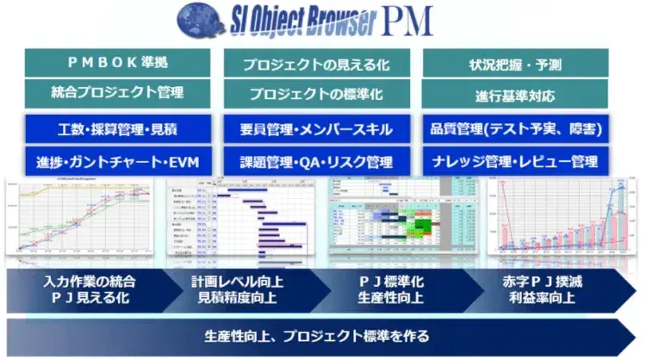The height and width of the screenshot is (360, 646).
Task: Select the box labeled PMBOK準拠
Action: pos(117,63)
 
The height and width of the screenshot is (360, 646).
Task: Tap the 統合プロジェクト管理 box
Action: pos(117,92)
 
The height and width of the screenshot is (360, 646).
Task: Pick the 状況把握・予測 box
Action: pos(515,63)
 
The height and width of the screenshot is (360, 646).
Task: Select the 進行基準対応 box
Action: pos(515,92)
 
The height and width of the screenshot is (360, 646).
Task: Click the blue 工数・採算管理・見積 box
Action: pos(117,129)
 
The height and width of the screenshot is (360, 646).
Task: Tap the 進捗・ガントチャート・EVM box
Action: pos(117,160)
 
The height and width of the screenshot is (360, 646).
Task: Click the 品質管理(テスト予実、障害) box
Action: pos(515,129)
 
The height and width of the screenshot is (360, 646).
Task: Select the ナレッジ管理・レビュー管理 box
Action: pos(515,160)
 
